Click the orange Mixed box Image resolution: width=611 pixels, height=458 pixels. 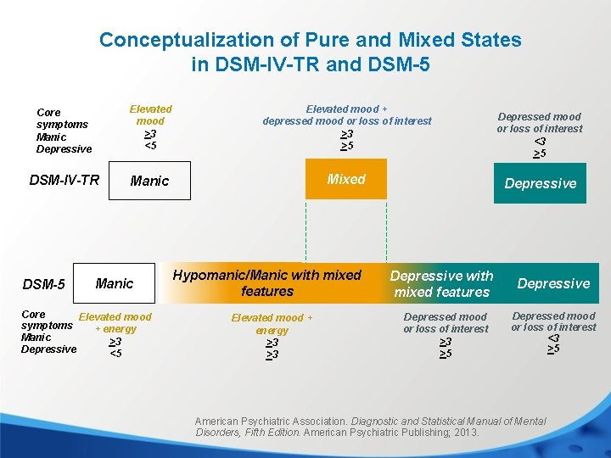coord(345,180)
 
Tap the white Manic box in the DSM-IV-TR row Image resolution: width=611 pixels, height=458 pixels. coord(150,181)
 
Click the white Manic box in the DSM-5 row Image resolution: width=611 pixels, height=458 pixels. coord(115,283)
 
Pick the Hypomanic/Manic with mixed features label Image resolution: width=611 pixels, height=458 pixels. coord(266,283)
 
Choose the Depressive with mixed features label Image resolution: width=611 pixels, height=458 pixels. coord(441,284)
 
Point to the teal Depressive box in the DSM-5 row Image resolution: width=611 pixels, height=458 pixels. coord(553,283)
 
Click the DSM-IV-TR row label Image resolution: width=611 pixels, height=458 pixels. coord(64,180)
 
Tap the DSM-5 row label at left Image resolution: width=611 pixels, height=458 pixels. coord(44,284)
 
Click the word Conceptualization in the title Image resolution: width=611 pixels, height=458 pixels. coord(171,40)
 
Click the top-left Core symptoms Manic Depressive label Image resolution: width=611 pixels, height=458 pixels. coord(64,131)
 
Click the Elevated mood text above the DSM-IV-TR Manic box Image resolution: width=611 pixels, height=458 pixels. coord(150,114)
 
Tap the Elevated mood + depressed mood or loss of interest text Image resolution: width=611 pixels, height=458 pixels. coord(346,114)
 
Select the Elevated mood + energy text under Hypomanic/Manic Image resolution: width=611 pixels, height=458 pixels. coord(272,324)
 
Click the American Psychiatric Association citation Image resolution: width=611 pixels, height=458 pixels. coord(370,427)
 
